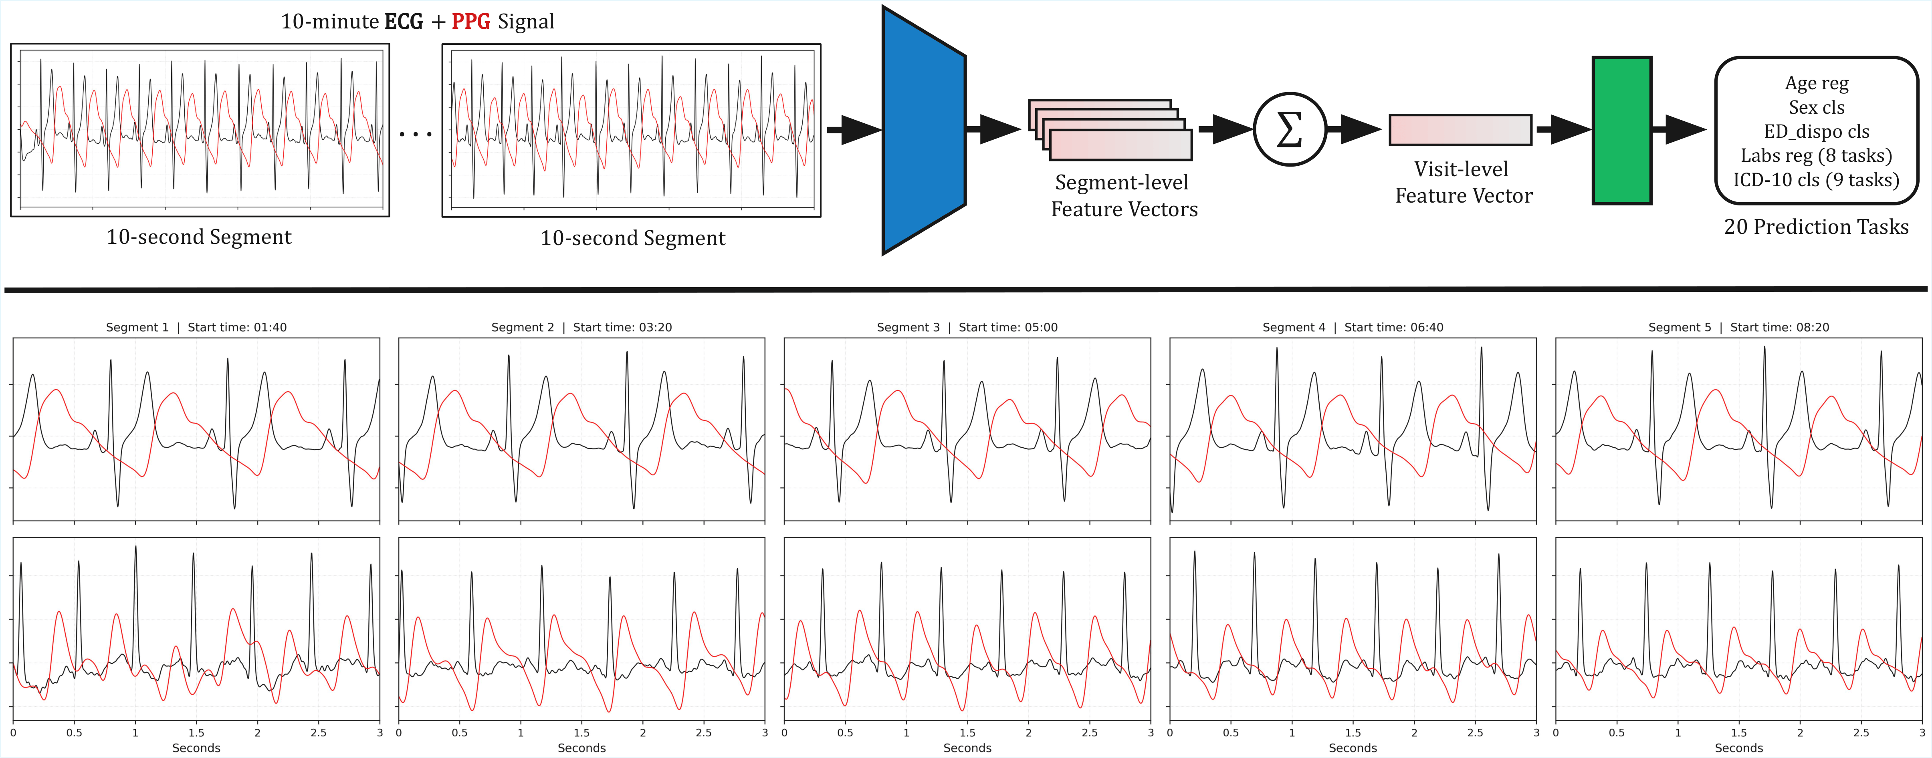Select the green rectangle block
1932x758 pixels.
[x=1621, y=131]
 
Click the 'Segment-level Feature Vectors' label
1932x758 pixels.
[x=1124, y=196]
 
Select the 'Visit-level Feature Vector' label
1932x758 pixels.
[x=1462, y=182]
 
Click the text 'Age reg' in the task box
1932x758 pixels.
[x=1816, y=83]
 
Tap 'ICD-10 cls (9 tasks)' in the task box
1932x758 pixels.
[x=1816, y=180]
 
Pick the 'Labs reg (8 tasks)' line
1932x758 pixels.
[x=1816, y=156]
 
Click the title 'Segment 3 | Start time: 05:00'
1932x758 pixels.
[x=967, y=327]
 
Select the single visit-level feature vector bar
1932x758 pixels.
[x=1460, y=130]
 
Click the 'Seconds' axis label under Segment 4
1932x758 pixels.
[x=1352, y=748]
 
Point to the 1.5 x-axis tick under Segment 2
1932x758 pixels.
[x=581, y=732]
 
